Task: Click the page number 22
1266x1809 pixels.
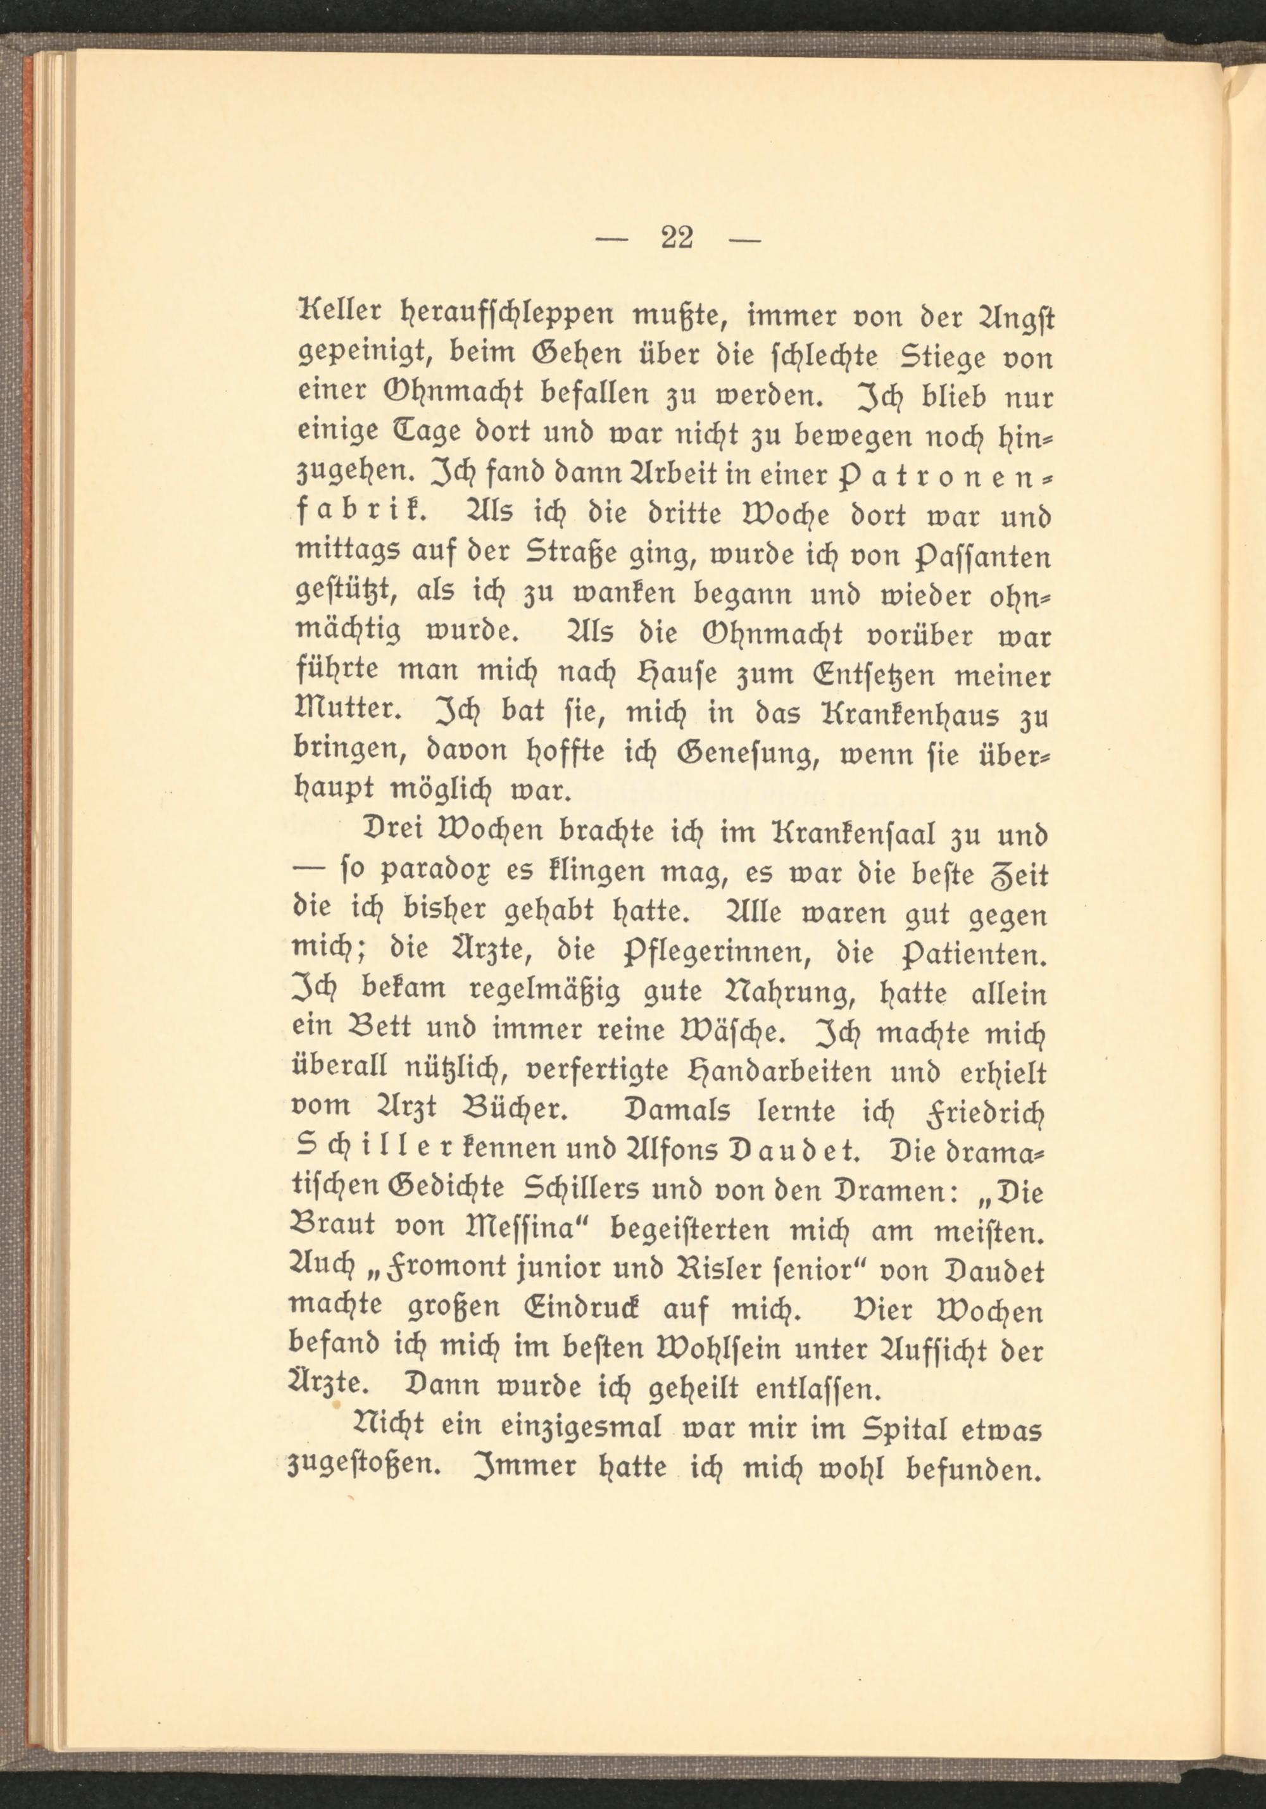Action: point(677,237)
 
